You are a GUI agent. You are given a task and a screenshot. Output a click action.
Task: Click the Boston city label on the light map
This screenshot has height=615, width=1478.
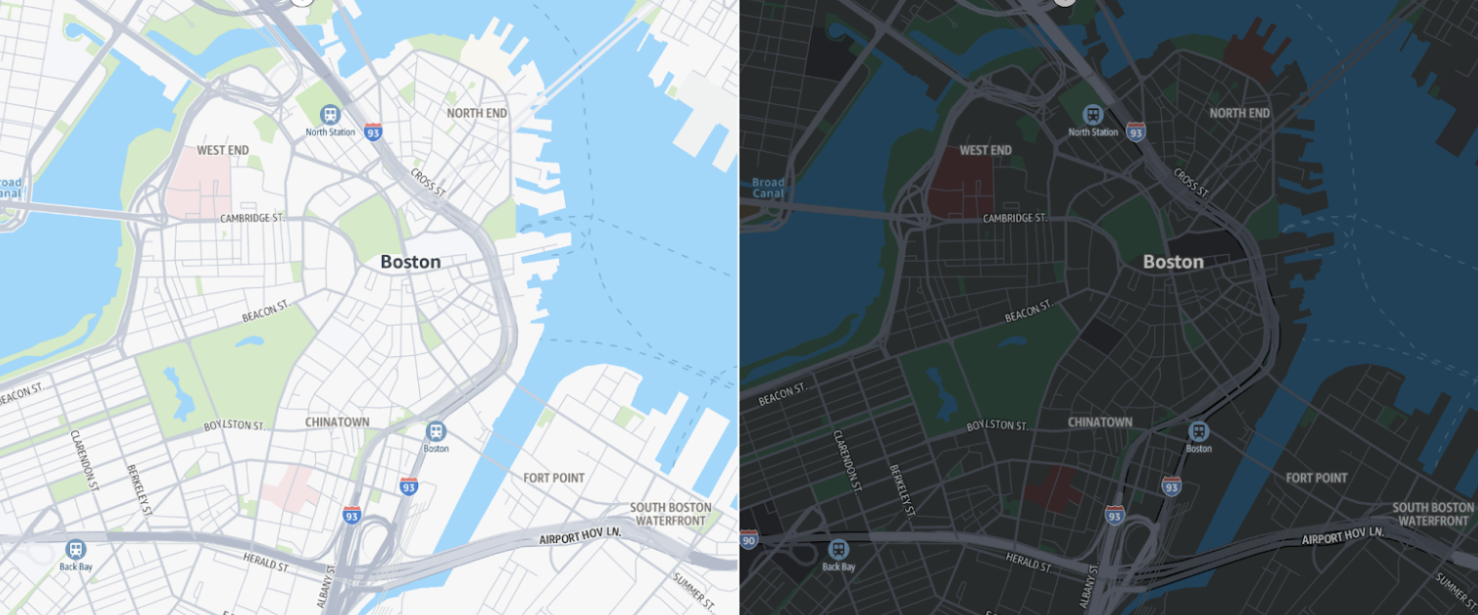pyautogui.click(x=410, y=262)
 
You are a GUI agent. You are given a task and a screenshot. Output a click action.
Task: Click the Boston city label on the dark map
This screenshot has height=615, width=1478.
pyautogui.click(x=1173, y=262)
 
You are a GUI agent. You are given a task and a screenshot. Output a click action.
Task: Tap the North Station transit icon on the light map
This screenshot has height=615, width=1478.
pyautogui.click(x=331, y=115)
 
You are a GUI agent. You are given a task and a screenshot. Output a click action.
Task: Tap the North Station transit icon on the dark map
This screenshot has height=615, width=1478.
pyautogui.click(x=1093, y=115)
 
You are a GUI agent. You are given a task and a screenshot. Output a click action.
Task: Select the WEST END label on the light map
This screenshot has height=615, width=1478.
pyautogui.click(x=223, y=150)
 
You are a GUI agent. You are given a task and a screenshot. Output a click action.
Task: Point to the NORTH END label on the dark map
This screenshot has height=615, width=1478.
pyautogui.click(x=1240, y=113)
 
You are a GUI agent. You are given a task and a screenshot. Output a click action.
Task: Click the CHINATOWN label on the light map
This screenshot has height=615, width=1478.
pyautogui.click(x=337, y=422)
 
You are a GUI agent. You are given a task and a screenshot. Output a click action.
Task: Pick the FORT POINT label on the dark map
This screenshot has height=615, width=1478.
pyautogui.click(x=1317, y=478)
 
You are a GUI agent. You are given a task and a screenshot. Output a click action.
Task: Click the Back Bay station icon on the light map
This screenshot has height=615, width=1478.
pyautogui.click(x=76, y=550)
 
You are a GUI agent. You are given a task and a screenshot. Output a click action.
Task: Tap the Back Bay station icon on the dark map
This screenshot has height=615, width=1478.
pyautogui.click(x=838, y=550)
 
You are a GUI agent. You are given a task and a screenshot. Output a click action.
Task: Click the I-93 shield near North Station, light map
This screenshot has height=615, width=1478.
pyautogui.click(x=372, y=131)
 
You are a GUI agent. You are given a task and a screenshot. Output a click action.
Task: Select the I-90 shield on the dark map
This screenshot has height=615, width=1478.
pyautogui.click(x=747, y=539)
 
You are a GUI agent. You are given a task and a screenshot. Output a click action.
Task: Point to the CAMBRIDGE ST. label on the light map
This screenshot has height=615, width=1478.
pyautogui.click(x=252, y=218)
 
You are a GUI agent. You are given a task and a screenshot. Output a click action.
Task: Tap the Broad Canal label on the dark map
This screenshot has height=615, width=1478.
pyautogui.click(x=768, y=188)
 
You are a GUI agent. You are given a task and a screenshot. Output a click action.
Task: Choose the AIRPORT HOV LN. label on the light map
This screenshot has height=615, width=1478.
pyautogui.click(x=581, y=536)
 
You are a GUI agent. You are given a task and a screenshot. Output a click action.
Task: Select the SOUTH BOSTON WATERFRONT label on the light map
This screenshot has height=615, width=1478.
pyautogui.click(x=670, y=514)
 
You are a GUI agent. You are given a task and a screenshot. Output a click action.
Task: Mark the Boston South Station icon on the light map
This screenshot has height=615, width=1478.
pyautogui.click(x=437, y=431)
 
